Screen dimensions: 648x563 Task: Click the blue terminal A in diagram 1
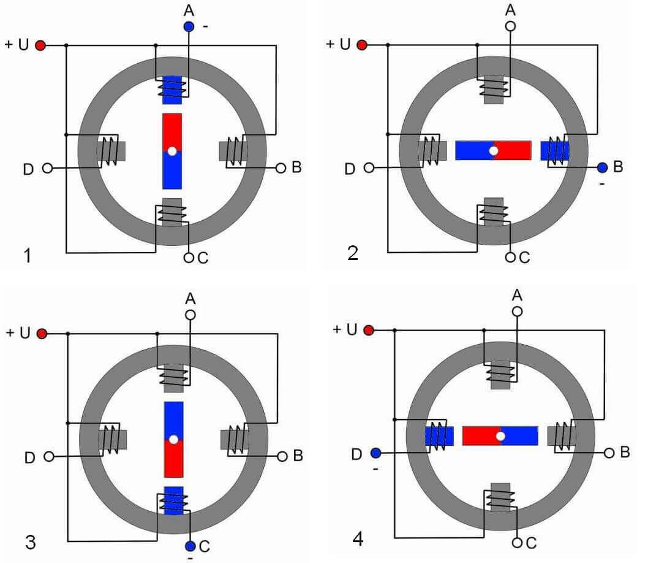[189, 26]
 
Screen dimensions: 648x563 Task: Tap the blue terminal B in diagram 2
[602, 167]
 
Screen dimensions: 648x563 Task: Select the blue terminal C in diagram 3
[190, 546]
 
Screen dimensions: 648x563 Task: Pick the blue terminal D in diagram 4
[375, 453]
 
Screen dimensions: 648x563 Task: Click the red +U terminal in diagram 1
[40, 45]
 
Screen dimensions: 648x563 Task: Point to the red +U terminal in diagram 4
[369, 330]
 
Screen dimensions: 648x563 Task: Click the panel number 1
[28, 255]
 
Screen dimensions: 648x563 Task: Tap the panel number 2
[353, 253]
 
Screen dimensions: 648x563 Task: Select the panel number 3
[30, 542]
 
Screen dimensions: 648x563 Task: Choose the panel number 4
[358, 538]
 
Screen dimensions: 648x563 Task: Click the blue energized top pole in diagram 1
[172, 90]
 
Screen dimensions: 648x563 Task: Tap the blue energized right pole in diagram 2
[555, 151]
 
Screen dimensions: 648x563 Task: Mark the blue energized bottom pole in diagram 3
[173, 500]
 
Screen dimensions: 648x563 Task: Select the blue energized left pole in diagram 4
[439, 436]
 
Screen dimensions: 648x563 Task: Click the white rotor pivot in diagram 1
[172, 151]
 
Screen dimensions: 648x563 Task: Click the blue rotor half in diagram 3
[173, 419]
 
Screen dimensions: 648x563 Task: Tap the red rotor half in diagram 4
[481, 436]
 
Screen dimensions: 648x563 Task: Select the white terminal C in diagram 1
[189, 258]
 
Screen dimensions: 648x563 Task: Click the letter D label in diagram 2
[350, 169]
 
